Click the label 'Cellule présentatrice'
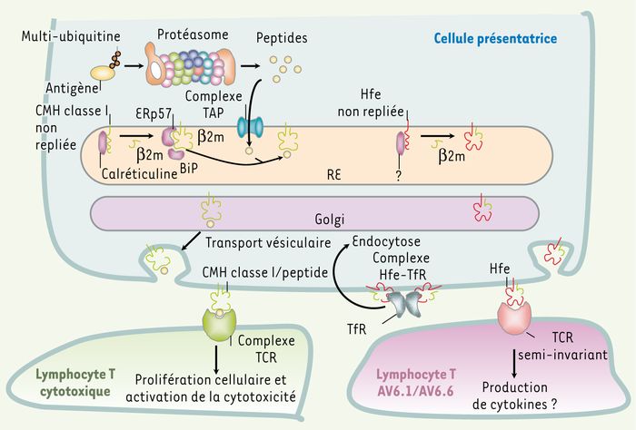[x=495, y=39]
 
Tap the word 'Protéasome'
[x=193, y=34]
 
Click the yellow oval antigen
[x=103, y=73]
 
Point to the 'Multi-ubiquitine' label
[x=71, y=36]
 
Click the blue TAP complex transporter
[x=250, y=127]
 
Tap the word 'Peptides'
[x=282, y=38]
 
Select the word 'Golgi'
[x=329, y=220]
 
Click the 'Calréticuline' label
[x=140, y=173]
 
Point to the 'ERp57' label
[x=154, y=113]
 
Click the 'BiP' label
[x=189, y=168]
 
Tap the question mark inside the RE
[x=399, y=176]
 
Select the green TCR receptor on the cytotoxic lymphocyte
[x=219, y=324]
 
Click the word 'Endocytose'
[x=386, y=241]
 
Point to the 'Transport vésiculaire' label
[x=268, y=242]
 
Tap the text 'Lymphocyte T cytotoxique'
[x=75, y=383]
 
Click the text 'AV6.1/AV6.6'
[x=416, y=392]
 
